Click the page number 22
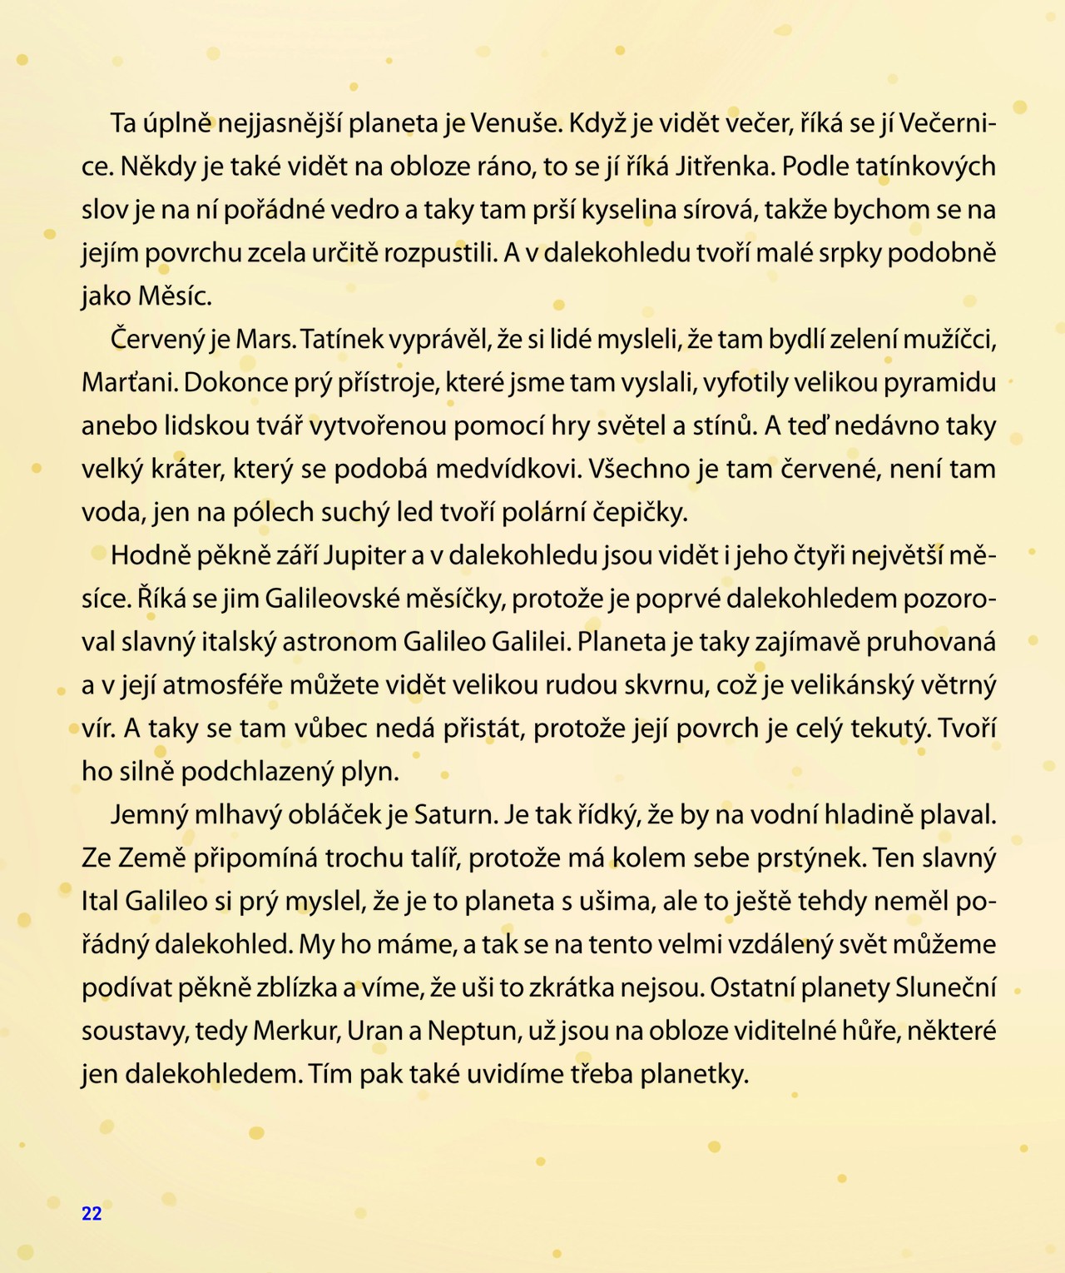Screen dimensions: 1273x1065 92,1213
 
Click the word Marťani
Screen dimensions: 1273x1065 128,383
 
